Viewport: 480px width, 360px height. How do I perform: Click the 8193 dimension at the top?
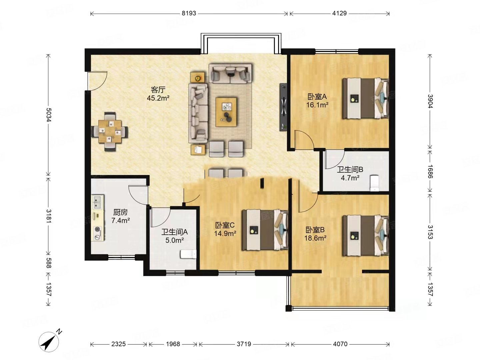(189, 13)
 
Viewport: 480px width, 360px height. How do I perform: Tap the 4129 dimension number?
(339, 13)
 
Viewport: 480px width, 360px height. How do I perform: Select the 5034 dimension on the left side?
(49, 115)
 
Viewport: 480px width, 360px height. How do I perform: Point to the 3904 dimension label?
(430, 101)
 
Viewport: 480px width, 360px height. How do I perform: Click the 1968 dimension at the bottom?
(173, 344)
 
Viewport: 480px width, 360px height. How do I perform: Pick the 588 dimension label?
(49, 263)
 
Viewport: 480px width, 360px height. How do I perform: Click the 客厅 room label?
(158, 90)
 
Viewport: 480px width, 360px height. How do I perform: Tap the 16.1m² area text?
(317, 105)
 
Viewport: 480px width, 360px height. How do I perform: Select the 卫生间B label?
(350, 169)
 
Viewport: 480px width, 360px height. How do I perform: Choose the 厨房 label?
(120, 212)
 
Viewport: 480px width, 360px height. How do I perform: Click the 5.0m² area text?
(174, 240)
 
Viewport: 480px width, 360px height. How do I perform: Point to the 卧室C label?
(225, 225)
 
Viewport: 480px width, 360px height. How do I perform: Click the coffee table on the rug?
(226, 112)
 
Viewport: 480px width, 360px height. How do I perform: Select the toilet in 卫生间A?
(188, 254)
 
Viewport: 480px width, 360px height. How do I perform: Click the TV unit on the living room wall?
(283, 107)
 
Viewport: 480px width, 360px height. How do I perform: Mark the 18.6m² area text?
(315, 238)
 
